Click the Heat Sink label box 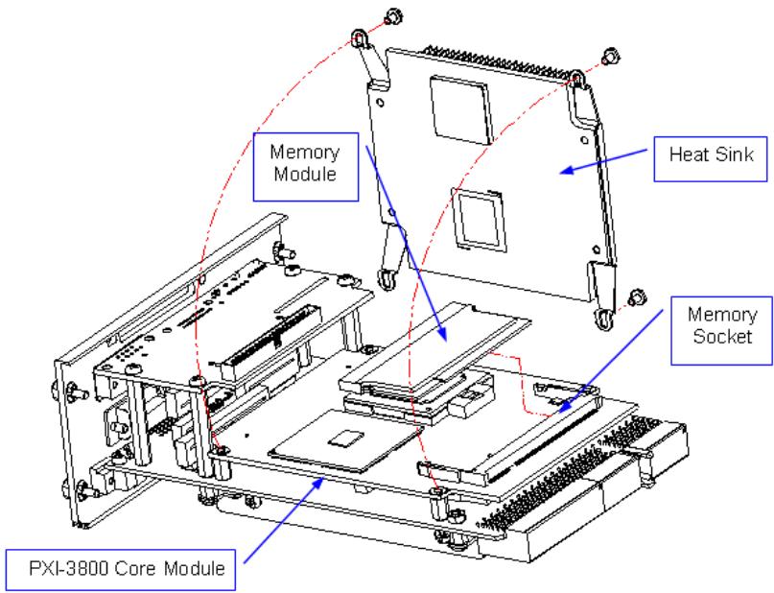[711, 159]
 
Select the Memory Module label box [306, 166]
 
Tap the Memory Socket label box [721, 330]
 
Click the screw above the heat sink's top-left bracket [393, 16]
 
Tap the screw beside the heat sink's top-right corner [611, 56]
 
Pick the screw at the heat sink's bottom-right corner [637, 298]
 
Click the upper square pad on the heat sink [460, 108]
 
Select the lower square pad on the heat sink [478, 219]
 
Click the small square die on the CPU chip [346, 438]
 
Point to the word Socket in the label [722, 336]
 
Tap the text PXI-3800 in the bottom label [69, 568]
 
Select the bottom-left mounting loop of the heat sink [387, 279]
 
